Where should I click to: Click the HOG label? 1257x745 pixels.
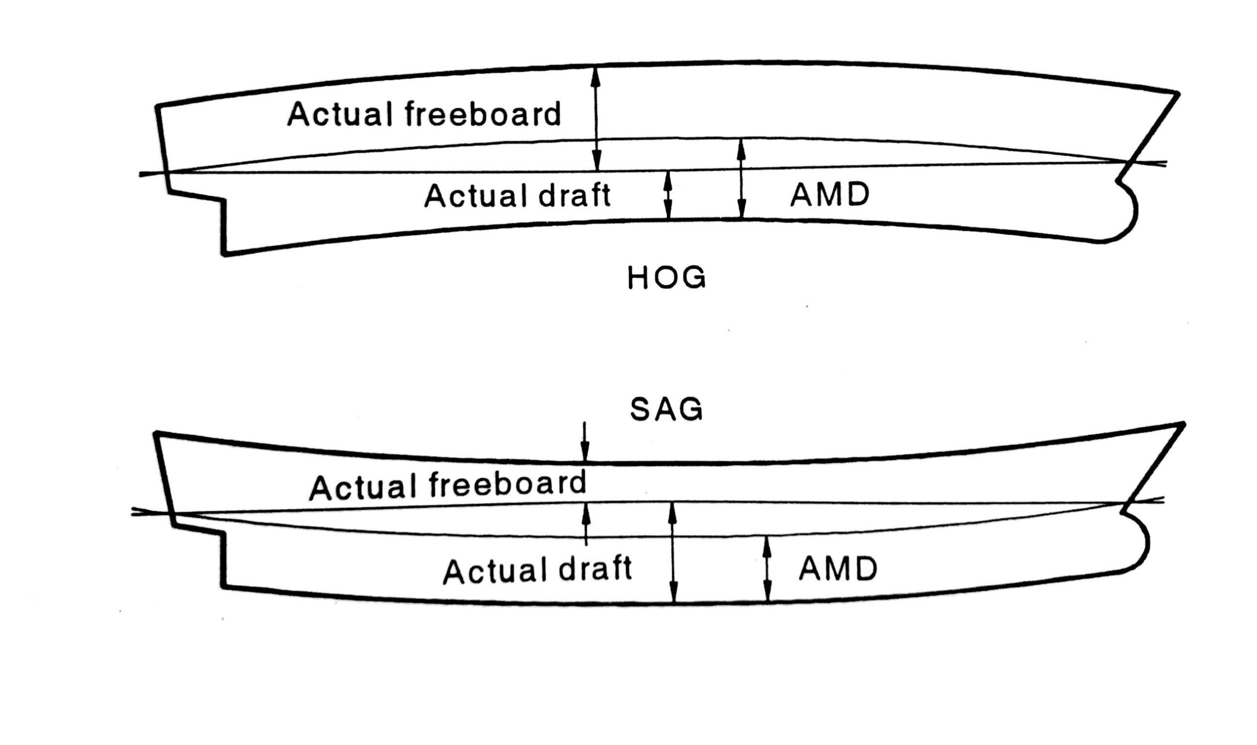tap(666, 277)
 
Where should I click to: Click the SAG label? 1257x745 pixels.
tap(666, 410)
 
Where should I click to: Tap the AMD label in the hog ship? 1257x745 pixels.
tap(829, 195)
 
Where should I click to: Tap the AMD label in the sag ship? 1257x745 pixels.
tap(838, 569)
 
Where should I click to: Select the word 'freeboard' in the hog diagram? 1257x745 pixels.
tap(482, 114)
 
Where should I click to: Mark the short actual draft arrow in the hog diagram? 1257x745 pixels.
tap(667, 195)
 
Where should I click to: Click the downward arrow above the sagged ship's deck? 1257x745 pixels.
tap(584, 442)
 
